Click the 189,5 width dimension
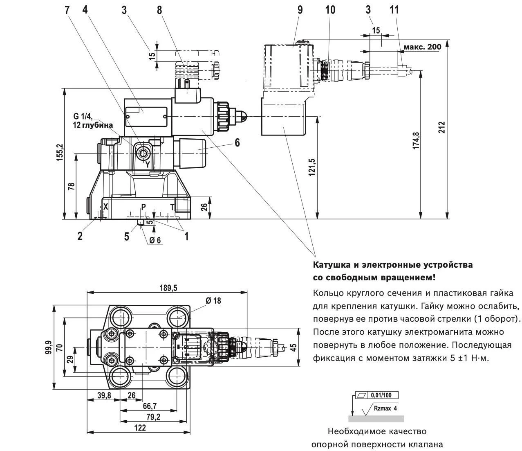pos(168,288)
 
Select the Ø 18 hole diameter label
pos(213,301)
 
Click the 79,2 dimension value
pos(151,417)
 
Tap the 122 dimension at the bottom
pos(140,428)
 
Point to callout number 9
pos(300,10)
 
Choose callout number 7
pos(67,10)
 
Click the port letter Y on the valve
pos(148,165)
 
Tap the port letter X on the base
pos(105,207)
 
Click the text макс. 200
pos(422,47)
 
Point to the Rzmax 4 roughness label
pos(385,408)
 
